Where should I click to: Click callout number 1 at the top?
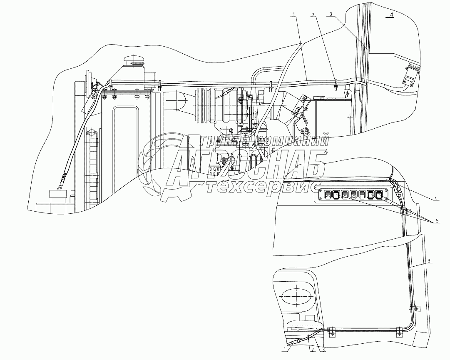[x=294, y=14]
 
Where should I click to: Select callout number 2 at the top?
[x=313, y=14]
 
